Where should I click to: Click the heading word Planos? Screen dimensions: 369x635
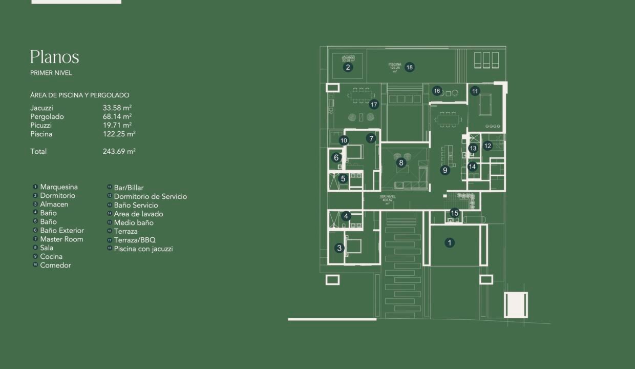(x=54, y=57)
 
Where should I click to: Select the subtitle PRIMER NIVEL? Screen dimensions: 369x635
(x=51, y=73)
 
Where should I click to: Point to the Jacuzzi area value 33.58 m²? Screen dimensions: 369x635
(x=117, y=108)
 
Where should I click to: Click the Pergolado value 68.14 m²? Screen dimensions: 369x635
(x=117, y=116)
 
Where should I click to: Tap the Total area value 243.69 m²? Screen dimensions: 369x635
(x=119, y=151)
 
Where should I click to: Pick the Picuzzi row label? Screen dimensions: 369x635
(x=41, y=125)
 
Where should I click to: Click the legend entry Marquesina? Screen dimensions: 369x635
(x=59, y=187)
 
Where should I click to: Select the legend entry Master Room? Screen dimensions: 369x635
(x=61, y=239)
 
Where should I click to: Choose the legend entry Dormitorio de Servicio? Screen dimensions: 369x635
(x=150, y=196)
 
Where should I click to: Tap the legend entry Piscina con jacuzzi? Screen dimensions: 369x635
(x=143, y=249)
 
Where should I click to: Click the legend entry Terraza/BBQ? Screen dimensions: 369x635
(x=134, y=240)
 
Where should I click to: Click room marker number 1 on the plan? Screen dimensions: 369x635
(x=449, y=243)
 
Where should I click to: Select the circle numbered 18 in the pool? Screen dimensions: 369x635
(x=409, y=67)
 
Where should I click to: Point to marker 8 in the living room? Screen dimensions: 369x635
(x=401, y=162)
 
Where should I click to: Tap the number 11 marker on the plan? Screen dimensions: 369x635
(x=475, y=91)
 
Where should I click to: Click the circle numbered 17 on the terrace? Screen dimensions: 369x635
(x=374, y=105)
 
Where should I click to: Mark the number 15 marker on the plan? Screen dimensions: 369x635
(x=454, y=213)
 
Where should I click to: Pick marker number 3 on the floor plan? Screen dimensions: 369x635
(x=339, y=248)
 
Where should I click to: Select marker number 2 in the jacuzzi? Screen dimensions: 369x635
(x=348, y=67)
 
